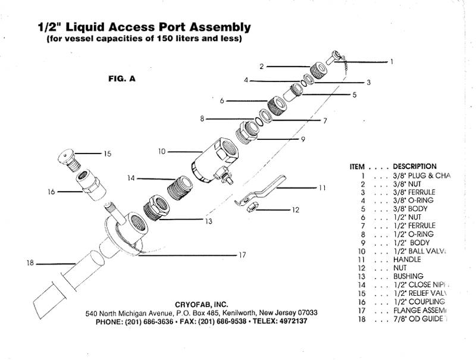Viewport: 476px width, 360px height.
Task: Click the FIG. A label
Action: click(x=121, y=77)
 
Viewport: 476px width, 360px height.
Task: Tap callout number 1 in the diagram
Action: click(x=391, y=61)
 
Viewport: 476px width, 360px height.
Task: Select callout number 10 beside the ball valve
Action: click(x=161, y=152)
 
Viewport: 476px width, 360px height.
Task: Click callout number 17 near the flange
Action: click(x=242, y=255)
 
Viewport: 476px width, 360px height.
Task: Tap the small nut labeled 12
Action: click(x=252, y=207)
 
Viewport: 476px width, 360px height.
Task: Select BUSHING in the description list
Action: click(x=408, y=276)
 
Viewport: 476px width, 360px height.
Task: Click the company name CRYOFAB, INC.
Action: click(x=202, y=304)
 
